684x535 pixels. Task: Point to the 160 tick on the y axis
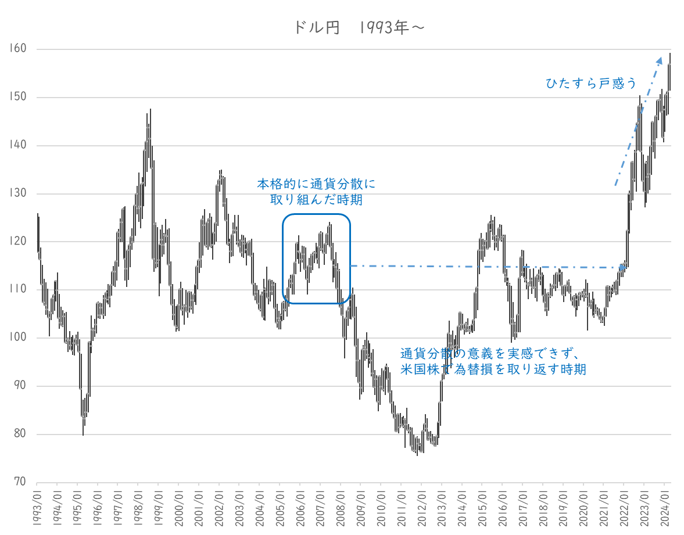click(x=19, y=49)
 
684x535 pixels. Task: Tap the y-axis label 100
click(x=19, y=338)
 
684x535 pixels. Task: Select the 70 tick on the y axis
click(x=21, y=482)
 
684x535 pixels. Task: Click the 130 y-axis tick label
click(x=19, y=193)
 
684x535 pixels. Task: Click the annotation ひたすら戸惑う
click(x=592, y=84)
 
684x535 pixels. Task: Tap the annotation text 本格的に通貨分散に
click(x=317, y=185)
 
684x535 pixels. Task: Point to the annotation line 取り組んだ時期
click(x=317, y=199)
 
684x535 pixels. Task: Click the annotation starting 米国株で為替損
click(x=493, y=369)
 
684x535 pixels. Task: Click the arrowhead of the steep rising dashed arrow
click(x=660, y=59)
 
